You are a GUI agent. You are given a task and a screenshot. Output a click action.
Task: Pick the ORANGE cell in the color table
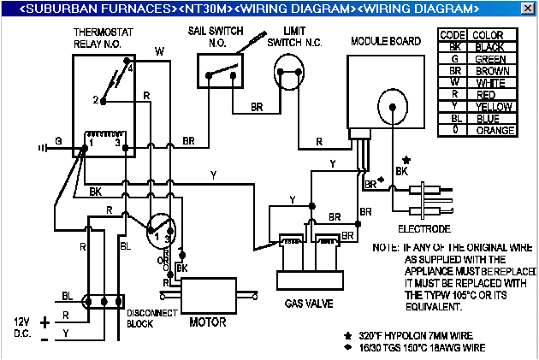pyautogui.click(x=495, y=131)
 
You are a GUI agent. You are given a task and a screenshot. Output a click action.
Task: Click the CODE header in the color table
pyautogui.click(x=452, y=35)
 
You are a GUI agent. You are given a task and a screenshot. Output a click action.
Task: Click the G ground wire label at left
pyautogui.click(x=59, y=141)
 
